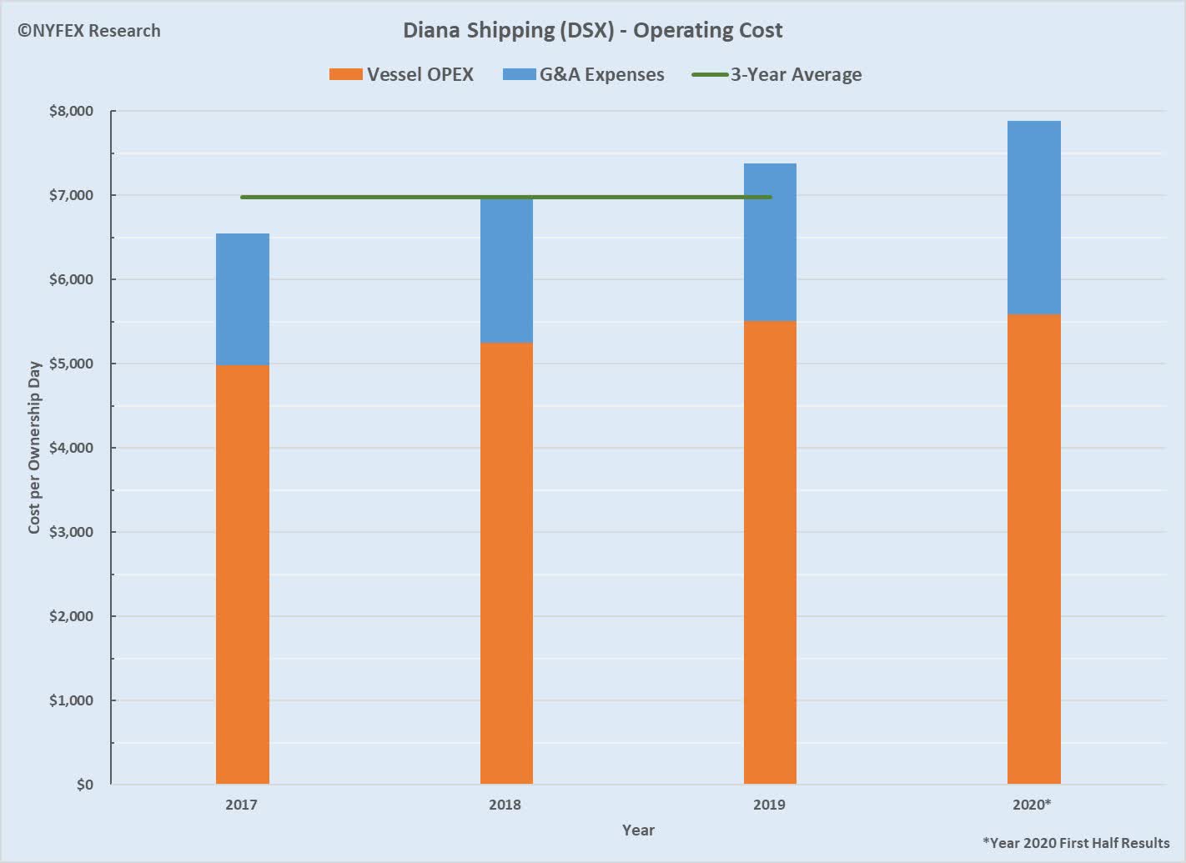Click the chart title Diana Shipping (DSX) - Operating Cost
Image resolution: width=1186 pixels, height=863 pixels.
pos(592,31)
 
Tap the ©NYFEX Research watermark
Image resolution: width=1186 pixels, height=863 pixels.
pos(88,31)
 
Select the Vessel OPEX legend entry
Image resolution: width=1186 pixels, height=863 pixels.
pos(402,74)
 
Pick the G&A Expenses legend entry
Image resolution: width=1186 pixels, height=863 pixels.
pos(584,74)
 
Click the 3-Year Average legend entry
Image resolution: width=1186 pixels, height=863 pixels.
pos(777,74)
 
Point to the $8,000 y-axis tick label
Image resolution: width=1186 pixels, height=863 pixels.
pos(71,112)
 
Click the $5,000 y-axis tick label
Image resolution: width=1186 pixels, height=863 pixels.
pos(71,364)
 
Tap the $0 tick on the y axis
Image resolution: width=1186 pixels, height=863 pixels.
pos(84,785)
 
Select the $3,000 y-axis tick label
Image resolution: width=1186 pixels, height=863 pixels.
pos(71,532)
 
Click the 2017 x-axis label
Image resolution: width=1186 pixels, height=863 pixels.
pos(241,805)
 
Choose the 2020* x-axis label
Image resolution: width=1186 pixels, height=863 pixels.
pos(1032,805)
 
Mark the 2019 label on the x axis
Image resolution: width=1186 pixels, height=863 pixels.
pos(769,805)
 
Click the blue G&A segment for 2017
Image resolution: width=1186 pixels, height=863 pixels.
pos(242,299)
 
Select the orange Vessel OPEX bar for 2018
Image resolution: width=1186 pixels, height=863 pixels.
pos(506,563)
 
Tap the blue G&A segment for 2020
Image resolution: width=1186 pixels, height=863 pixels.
pos(1033,218)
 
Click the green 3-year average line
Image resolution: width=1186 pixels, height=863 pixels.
pos(375,197)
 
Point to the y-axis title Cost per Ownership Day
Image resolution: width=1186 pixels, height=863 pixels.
pos(34,448)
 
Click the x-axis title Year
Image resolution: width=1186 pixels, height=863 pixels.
pos(638,830)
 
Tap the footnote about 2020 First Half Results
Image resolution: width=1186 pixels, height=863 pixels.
pos(1076,842)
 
